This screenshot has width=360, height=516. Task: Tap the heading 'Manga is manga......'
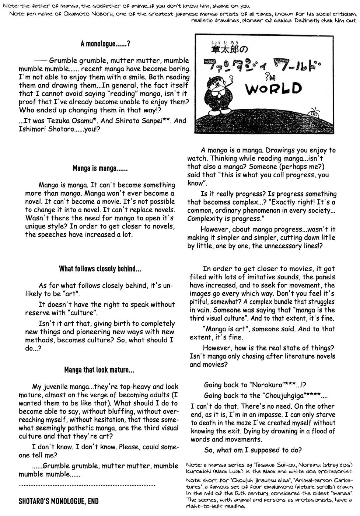[100, 169]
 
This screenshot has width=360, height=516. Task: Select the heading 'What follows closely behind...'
[100, 269]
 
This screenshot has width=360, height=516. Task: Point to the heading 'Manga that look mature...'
[99, 370]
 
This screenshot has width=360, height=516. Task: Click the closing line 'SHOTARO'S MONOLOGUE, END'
[59, 502]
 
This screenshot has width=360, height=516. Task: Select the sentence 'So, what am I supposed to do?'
[253, 450]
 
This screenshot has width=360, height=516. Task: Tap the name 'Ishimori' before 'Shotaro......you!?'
[32, 129]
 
